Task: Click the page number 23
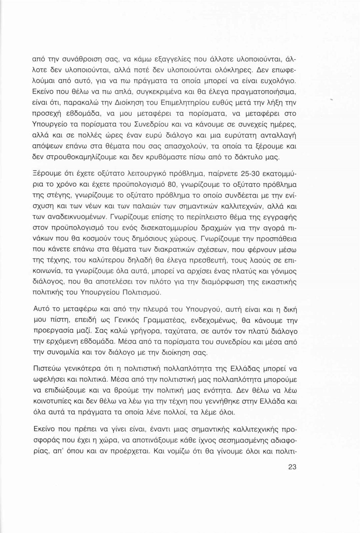[x=292, y=467]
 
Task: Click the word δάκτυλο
[x=255, y=156]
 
